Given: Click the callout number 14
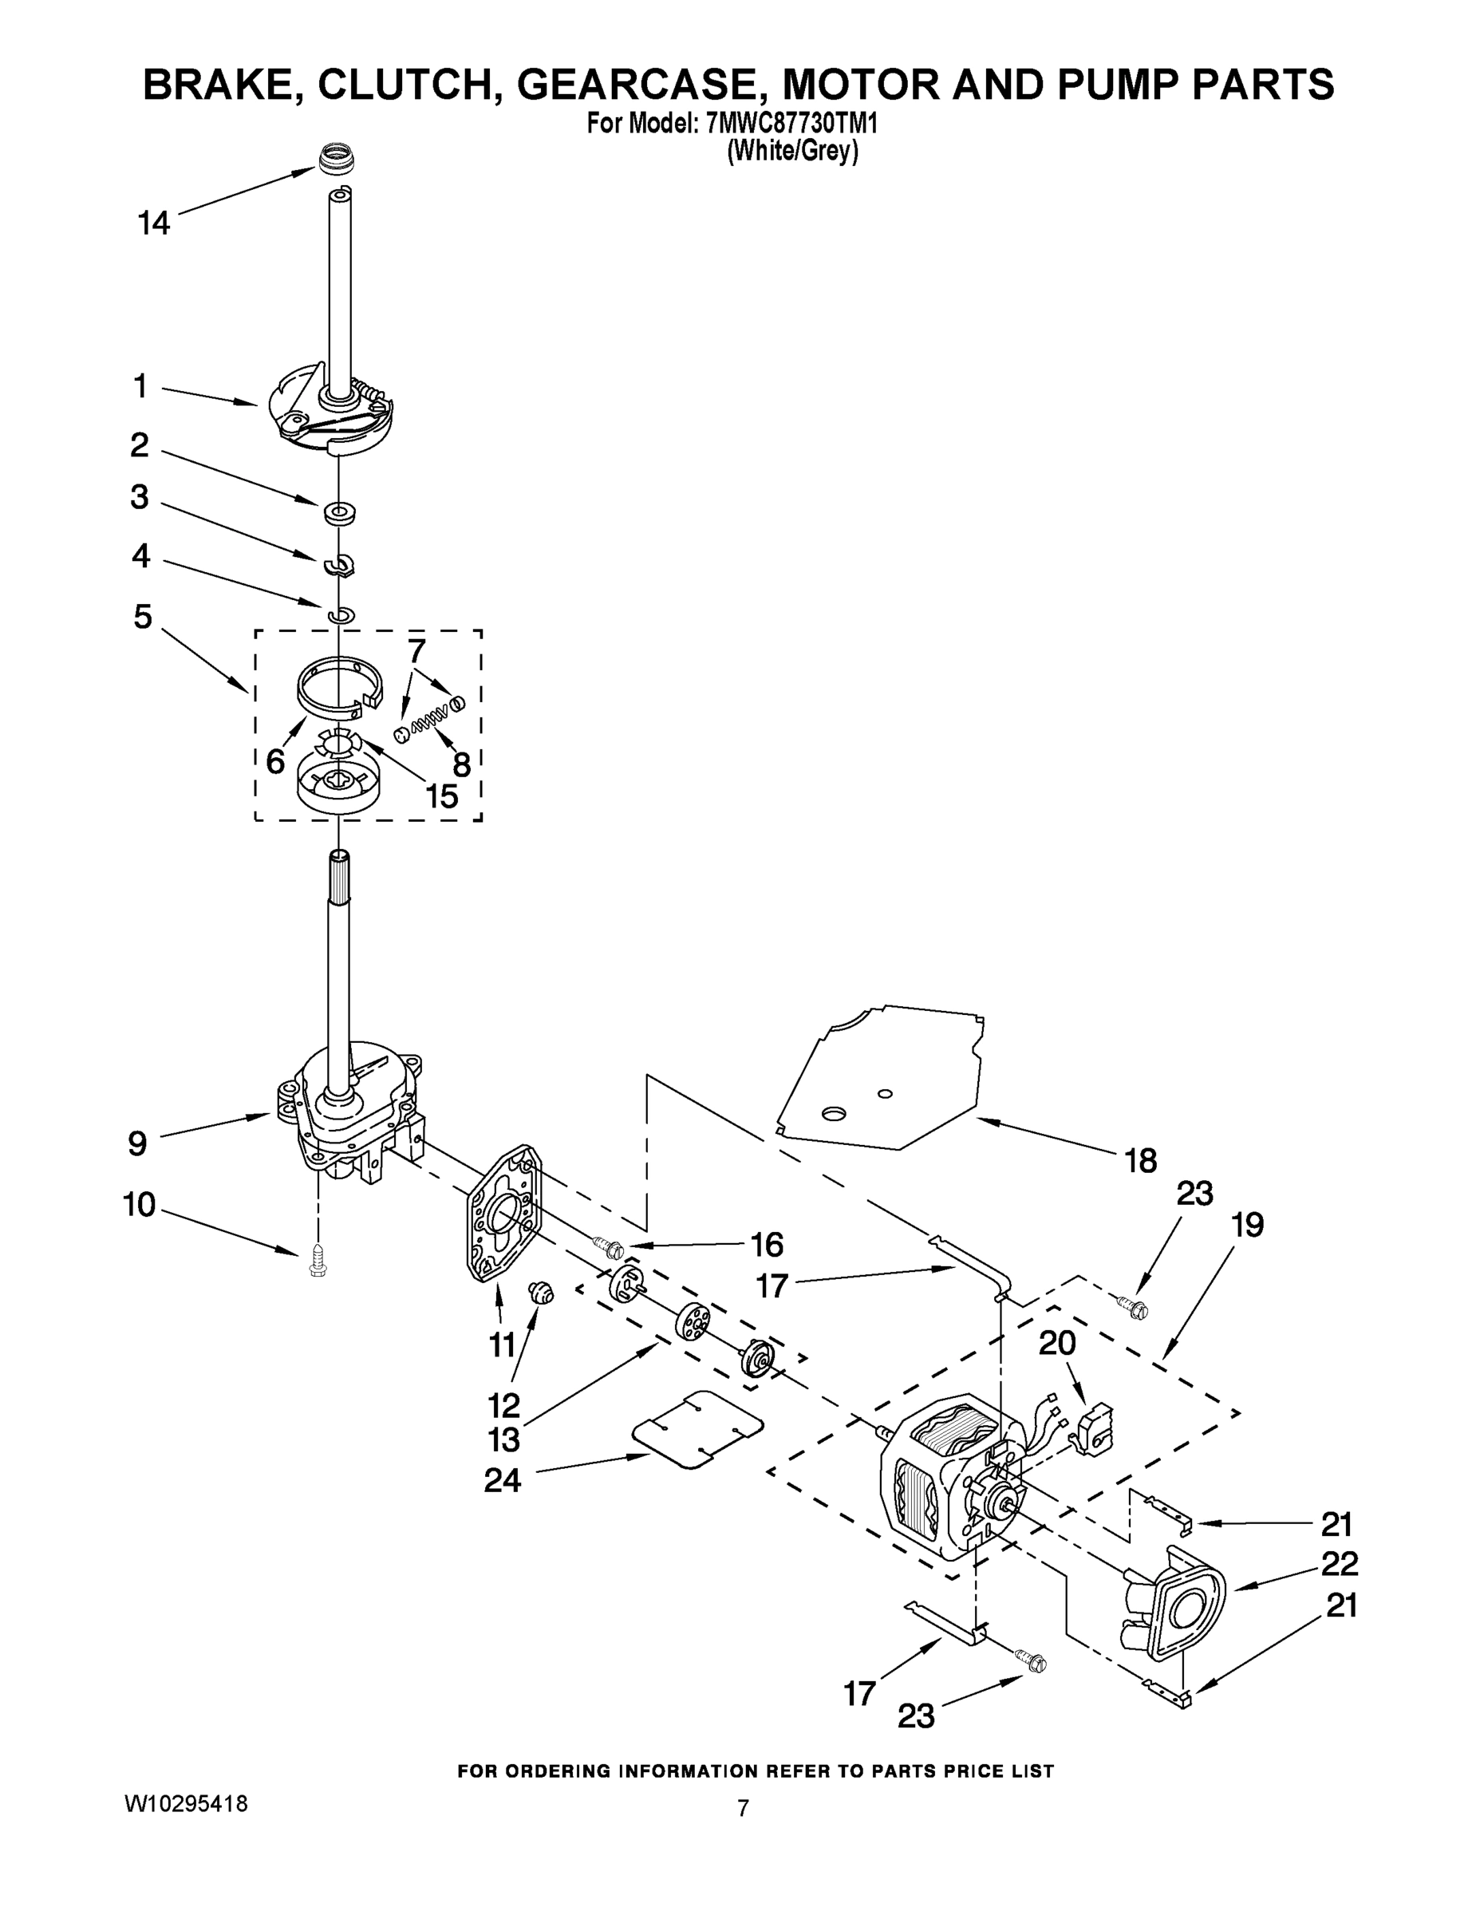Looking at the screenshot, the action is (153, 223).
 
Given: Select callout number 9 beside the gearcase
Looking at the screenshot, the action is (138, 1143).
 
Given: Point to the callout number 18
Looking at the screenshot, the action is (1141, 1161).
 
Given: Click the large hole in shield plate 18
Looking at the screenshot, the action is (832, 1114).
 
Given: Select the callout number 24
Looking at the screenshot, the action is (503, 1480).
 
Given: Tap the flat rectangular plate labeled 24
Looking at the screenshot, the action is (697, 1429).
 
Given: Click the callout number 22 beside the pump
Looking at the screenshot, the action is (1339, 1562).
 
